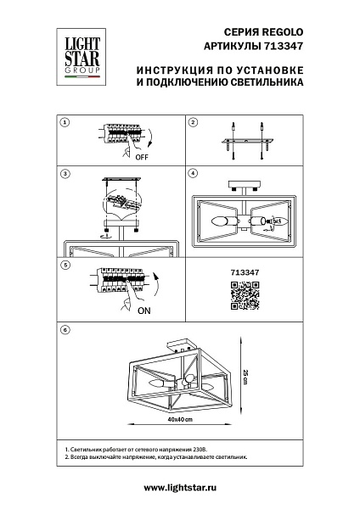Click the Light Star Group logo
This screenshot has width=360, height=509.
pyautogui.click(x=82, y=57)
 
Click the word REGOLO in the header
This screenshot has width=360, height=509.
pyautogui.click(x=283, y=32)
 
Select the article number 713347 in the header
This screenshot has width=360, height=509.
pyautogui.click(x=284, y=46)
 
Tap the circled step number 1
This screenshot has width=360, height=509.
pyautogui.click(x=65, y=122)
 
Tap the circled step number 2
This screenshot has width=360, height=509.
pyautogui.click(x=193, y=122)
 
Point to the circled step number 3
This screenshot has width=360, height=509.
pyautogui.click(x=65, y=173)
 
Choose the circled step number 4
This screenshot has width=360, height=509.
pyautogui.click(x=193, y=173)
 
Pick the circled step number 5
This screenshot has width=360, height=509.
pyautogui.click(x=65, y=265)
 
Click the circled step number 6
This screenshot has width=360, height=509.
pyautogui.click(x=65, y=329)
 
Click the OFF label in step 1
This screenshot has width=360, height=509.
pyautogui.click(x=142, y=157)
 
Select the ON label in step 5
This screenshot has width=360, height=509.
pyautogui.click(x=144, y=310)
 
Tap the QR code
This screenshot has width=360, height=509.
pyautogui.click(x=245, y=295)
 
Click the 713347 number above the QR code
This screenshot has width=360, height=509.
pyautogui.click(x=245, y=272)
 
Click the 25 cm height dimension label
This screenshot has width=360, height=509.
pyautogui.click(x=246, y=375)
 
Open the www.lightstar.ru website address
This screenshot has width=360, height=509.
pyautogui.click(x=180, y=488)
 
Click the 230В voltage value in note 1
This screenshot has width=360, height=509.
pyautogui.click(x=201, y=450)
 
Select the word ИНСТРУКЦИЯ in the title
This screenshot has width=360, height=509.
pyautogui.click(x=172, y=70)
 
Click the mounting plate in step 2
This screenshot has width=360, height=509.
pyautogui.click(x=248, y=142)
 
